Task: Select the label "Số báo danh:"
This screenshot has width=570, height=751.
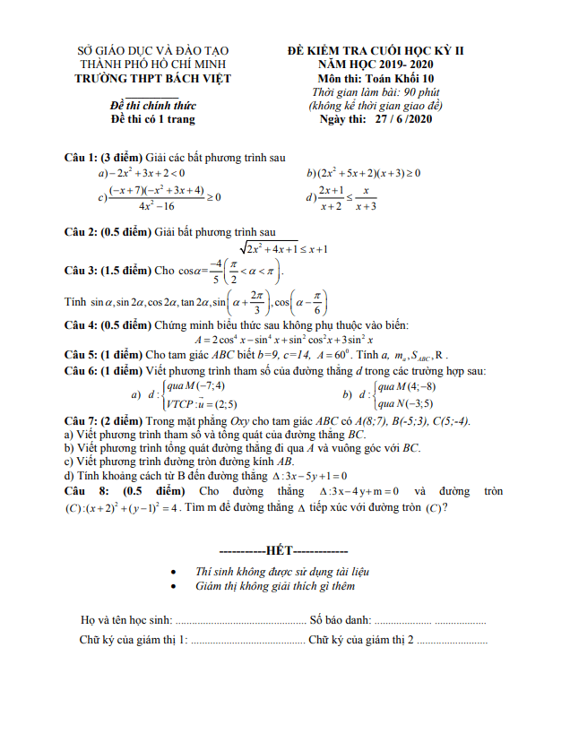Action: tap(340, 619)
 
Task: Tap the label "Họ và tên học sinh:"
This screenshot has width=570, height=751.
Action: tap(125, 619)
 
